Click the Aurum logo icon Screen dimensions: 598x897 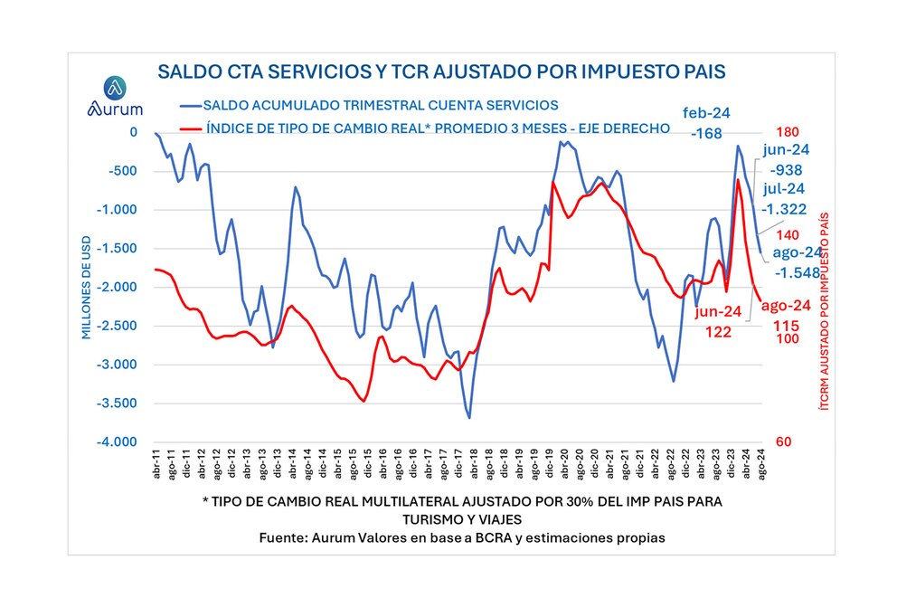coord(115,88)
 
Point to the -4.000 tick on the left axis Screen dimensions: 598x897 coord(118,442)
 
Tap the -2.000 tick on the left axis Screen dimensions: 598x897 coord(118,287)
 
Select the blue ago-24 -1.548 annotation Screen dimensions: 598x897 coord(795,261)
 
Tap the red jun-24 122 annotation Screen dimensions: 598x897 coord(720,322)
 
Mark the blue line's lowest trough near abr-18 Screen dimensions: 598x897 coord(469,417)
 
